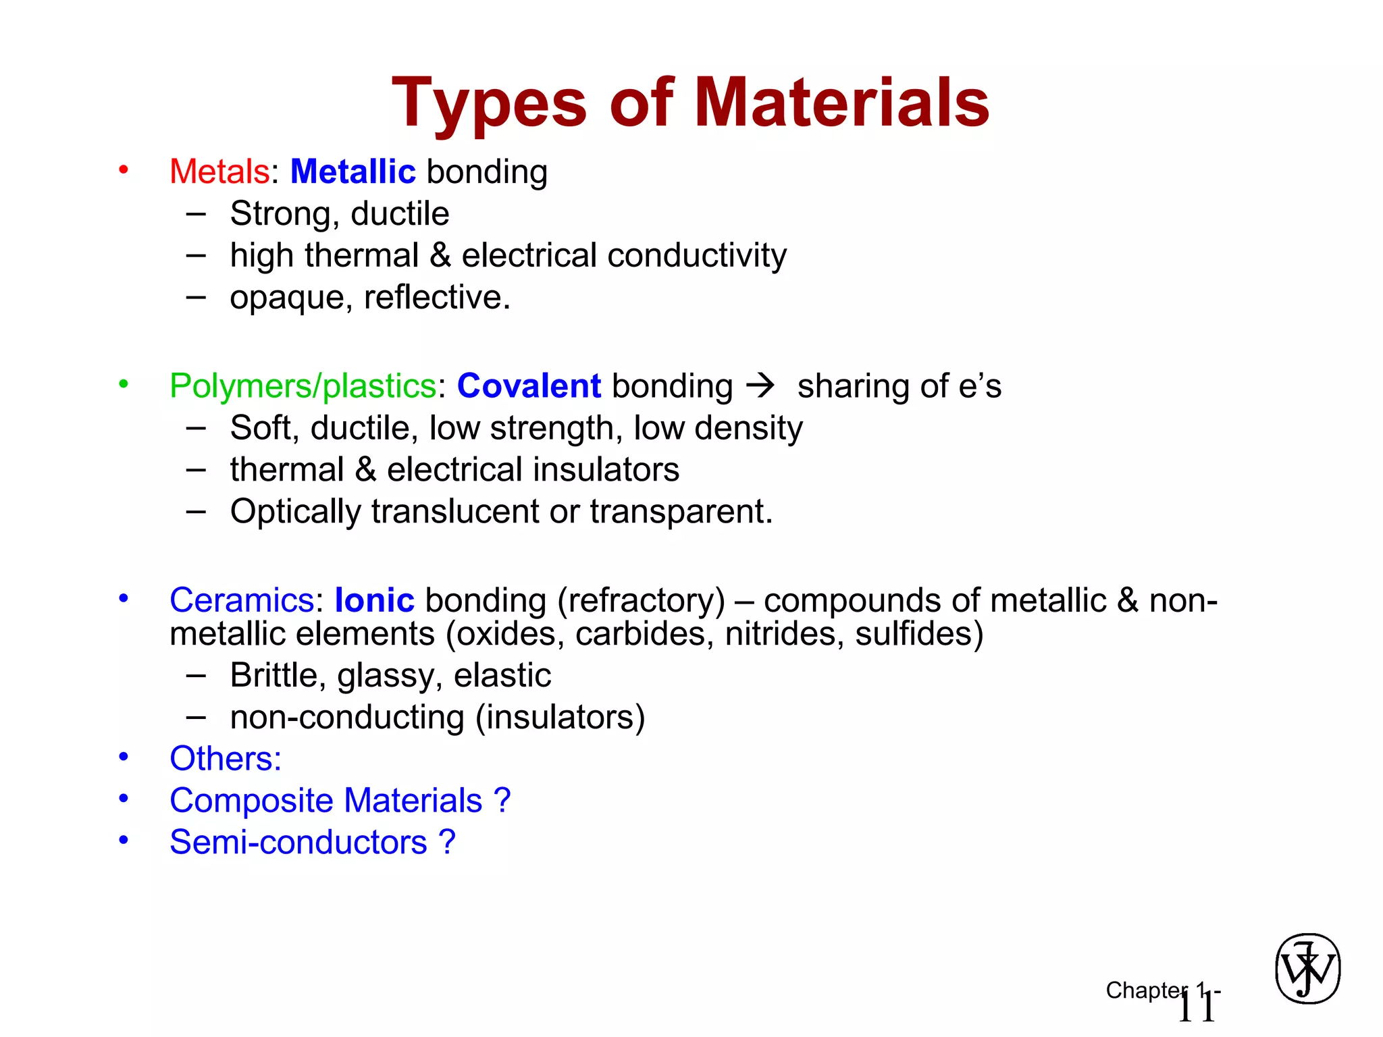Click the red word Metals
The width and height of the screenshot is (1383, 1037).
coord(219,171)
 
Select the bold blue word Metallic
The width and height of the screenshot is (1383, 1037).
coord(353,171)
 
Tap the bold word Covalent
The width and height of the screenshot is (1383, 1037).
coord(529,386)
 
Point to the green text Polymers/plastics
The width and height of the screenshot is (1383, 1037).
coord(303,386)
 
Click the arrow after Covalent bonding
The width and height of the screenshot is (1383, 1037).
coord(761,386)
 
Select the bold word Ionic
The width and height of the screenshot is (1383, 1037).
coord(374,600)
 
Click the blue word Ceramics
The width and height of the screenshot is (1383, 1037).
coord(242,600)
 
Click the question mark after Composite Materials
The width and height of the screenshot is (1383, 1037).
coord(502,801)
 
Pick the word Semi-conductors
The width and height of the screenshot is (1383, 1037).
coord(298,843)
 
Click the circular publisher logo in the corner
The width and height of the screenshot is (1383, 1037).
coord(1307,969)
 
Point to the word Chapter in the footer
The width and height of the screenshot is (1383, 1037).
coord(1145,990)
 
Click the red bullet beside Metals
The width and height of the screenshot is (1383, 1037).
coord(124,169)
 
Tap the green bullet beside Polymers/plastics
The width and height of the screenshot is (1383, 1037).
coord(124,384)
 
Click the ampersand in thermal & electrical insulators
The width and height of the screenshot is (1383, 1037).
coord(365,470)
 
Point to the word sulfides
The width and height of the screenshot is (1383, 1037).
coord(919,634)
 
